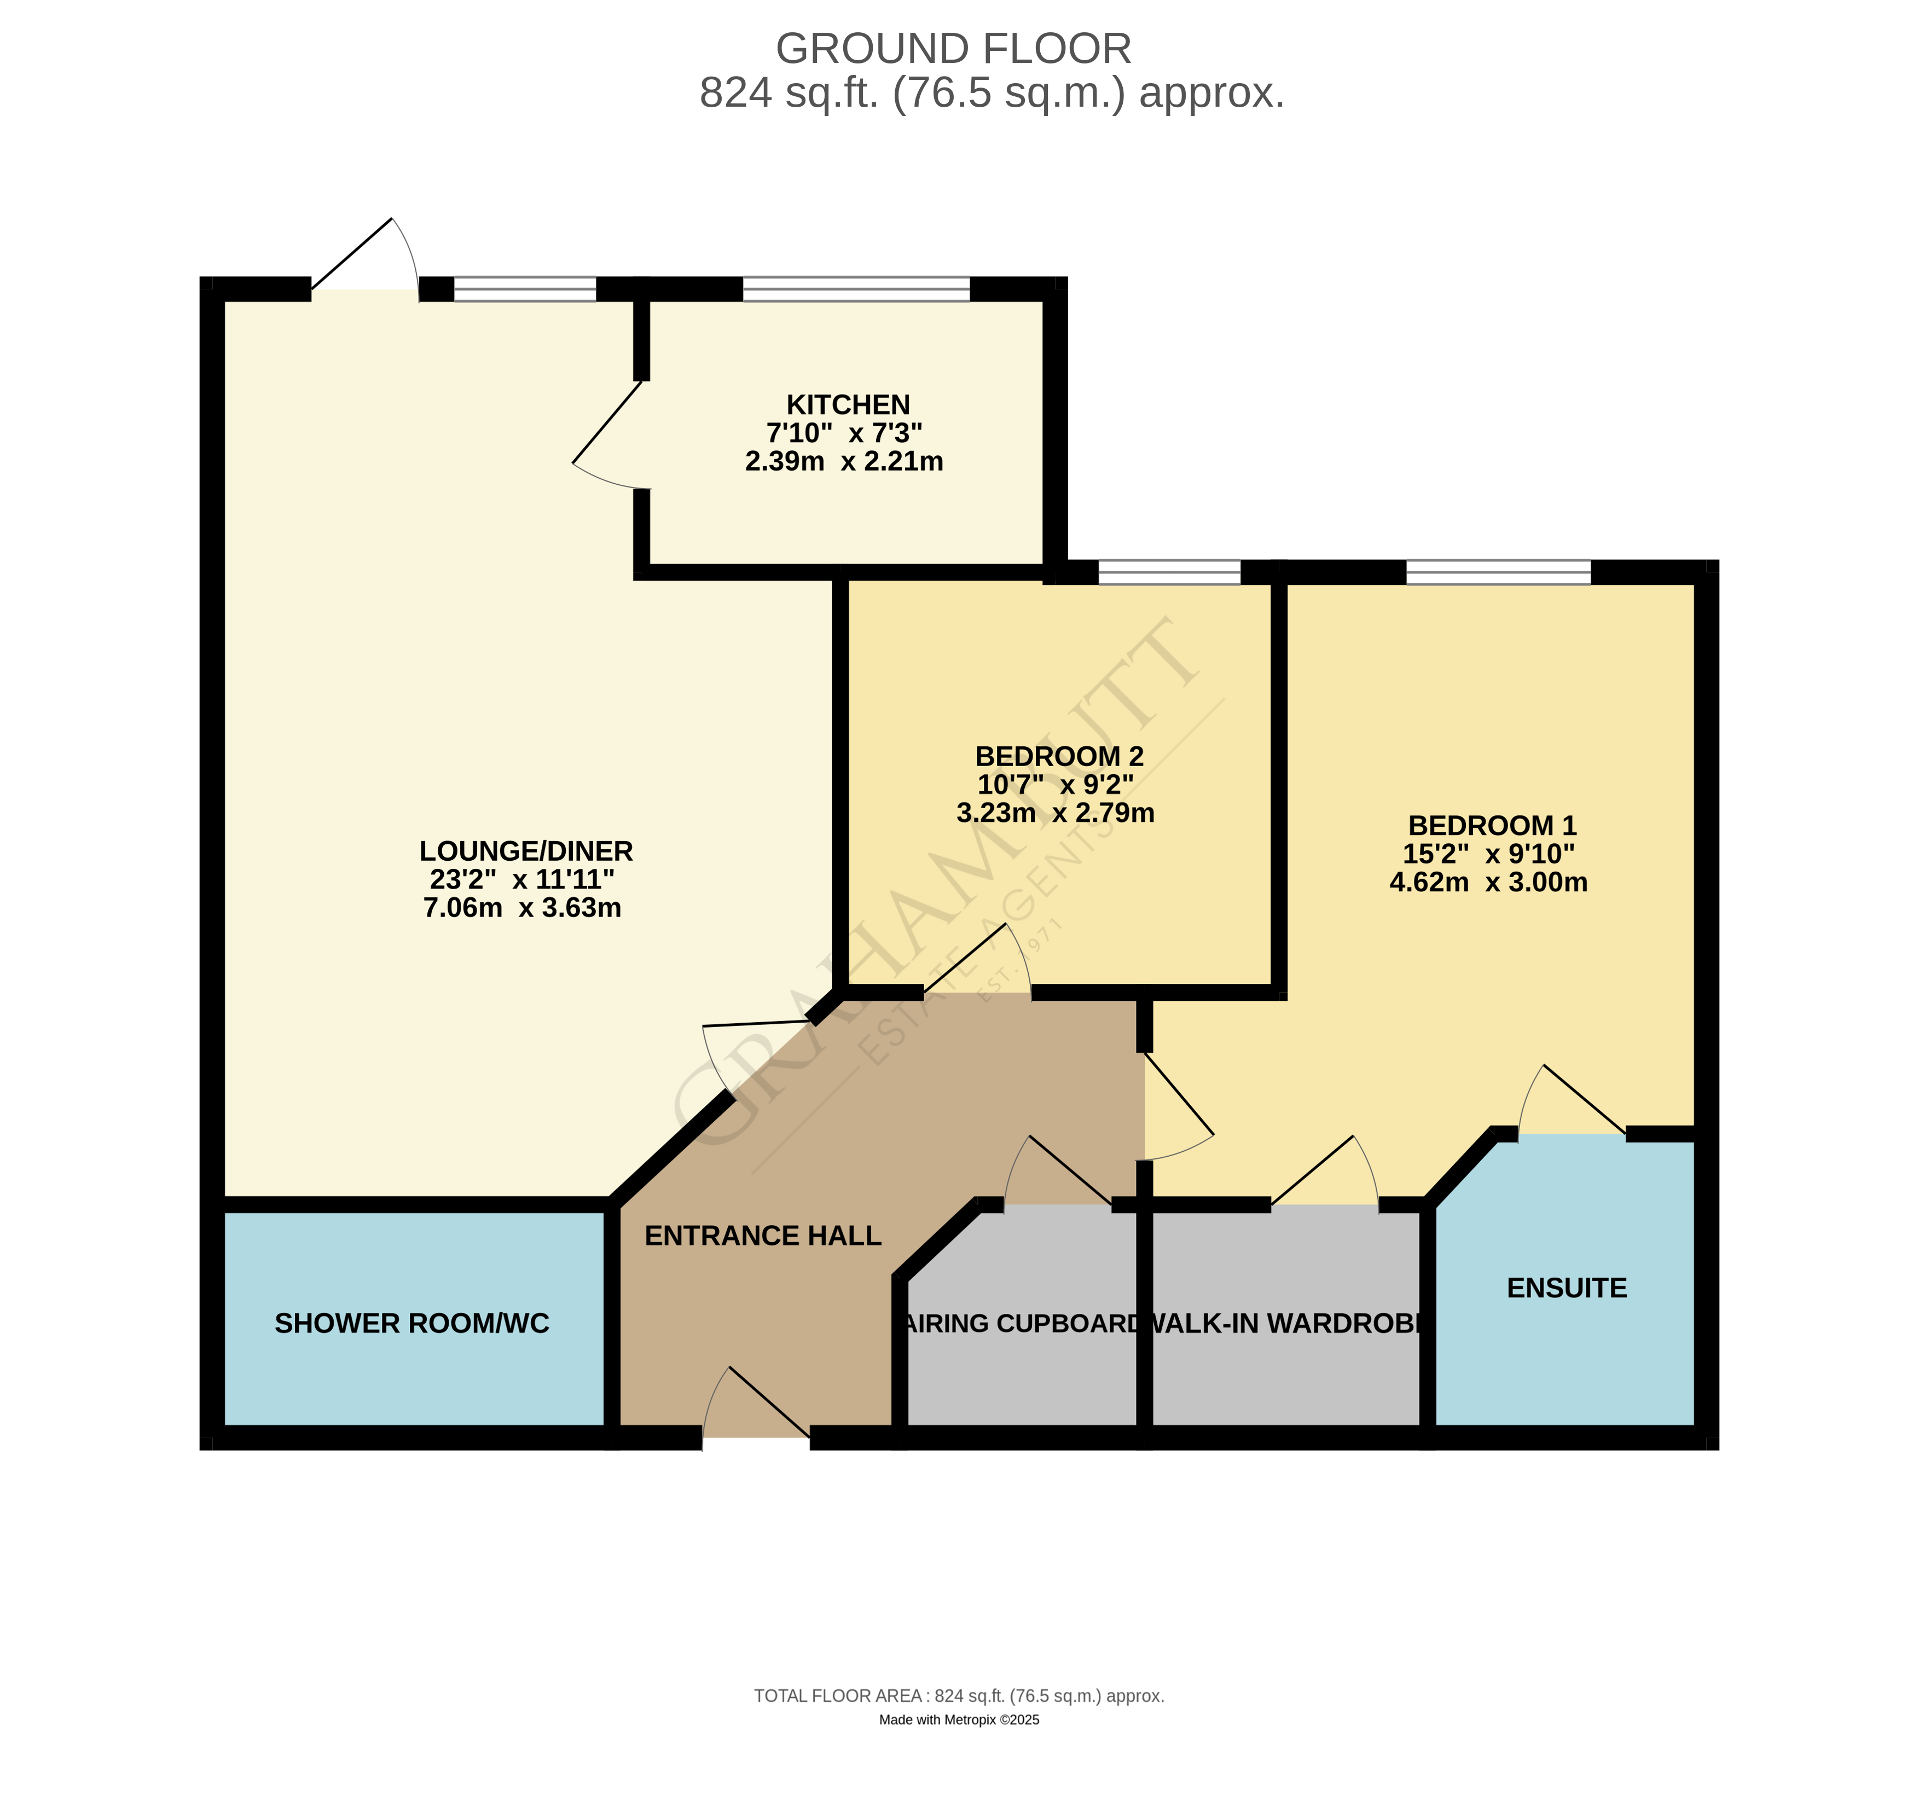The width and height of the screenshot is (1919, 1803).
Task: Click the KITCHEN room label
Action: pos(848,404)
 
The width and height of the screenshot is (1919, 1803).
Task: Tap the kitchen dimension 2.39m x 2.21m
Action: pos(844,461)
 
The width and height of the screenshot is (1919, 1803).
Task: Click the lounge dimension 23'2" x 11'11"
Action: pos(522,879)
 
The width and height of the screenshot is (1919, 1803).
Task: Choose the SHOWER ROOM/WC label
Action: pos(412,1323)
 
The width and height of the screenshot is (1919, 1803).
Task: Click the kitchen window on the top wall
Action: pos(855,288)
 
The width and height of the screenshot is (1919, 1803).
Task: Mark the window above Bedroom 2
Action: pos(1169,571)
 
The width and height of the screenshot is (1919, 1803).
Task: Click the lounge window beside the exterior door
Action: pos(525,288)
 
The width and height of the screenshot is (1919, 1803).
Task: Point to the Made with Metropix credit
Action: pos(959,1719)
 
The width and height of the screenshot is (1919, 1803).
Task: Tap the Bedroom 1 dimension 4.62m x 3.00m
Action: pos(1487,882)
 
